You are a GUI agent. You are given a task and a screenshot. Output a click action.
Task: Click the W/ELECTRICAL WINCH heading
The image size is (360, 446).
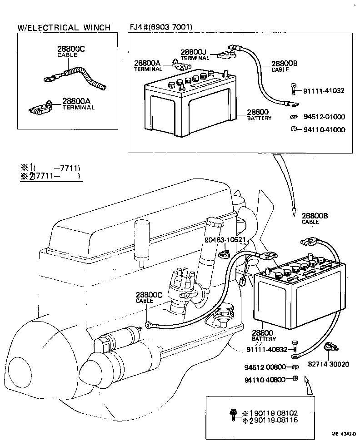[64, 27]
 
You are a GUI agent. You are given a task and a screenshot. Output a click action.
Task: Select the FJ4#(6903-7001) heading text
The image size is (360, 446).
[161, 27]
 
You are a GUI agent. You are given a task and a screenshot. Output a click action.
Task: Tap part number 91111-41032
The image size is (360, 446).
[324, 91]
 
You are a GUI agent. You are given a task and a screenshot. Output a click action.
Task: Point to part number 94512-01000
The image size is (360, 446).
[324, 117]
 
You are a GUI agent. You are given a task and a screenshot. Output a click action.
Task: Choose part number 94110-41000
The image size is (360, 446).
[324, 130]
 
